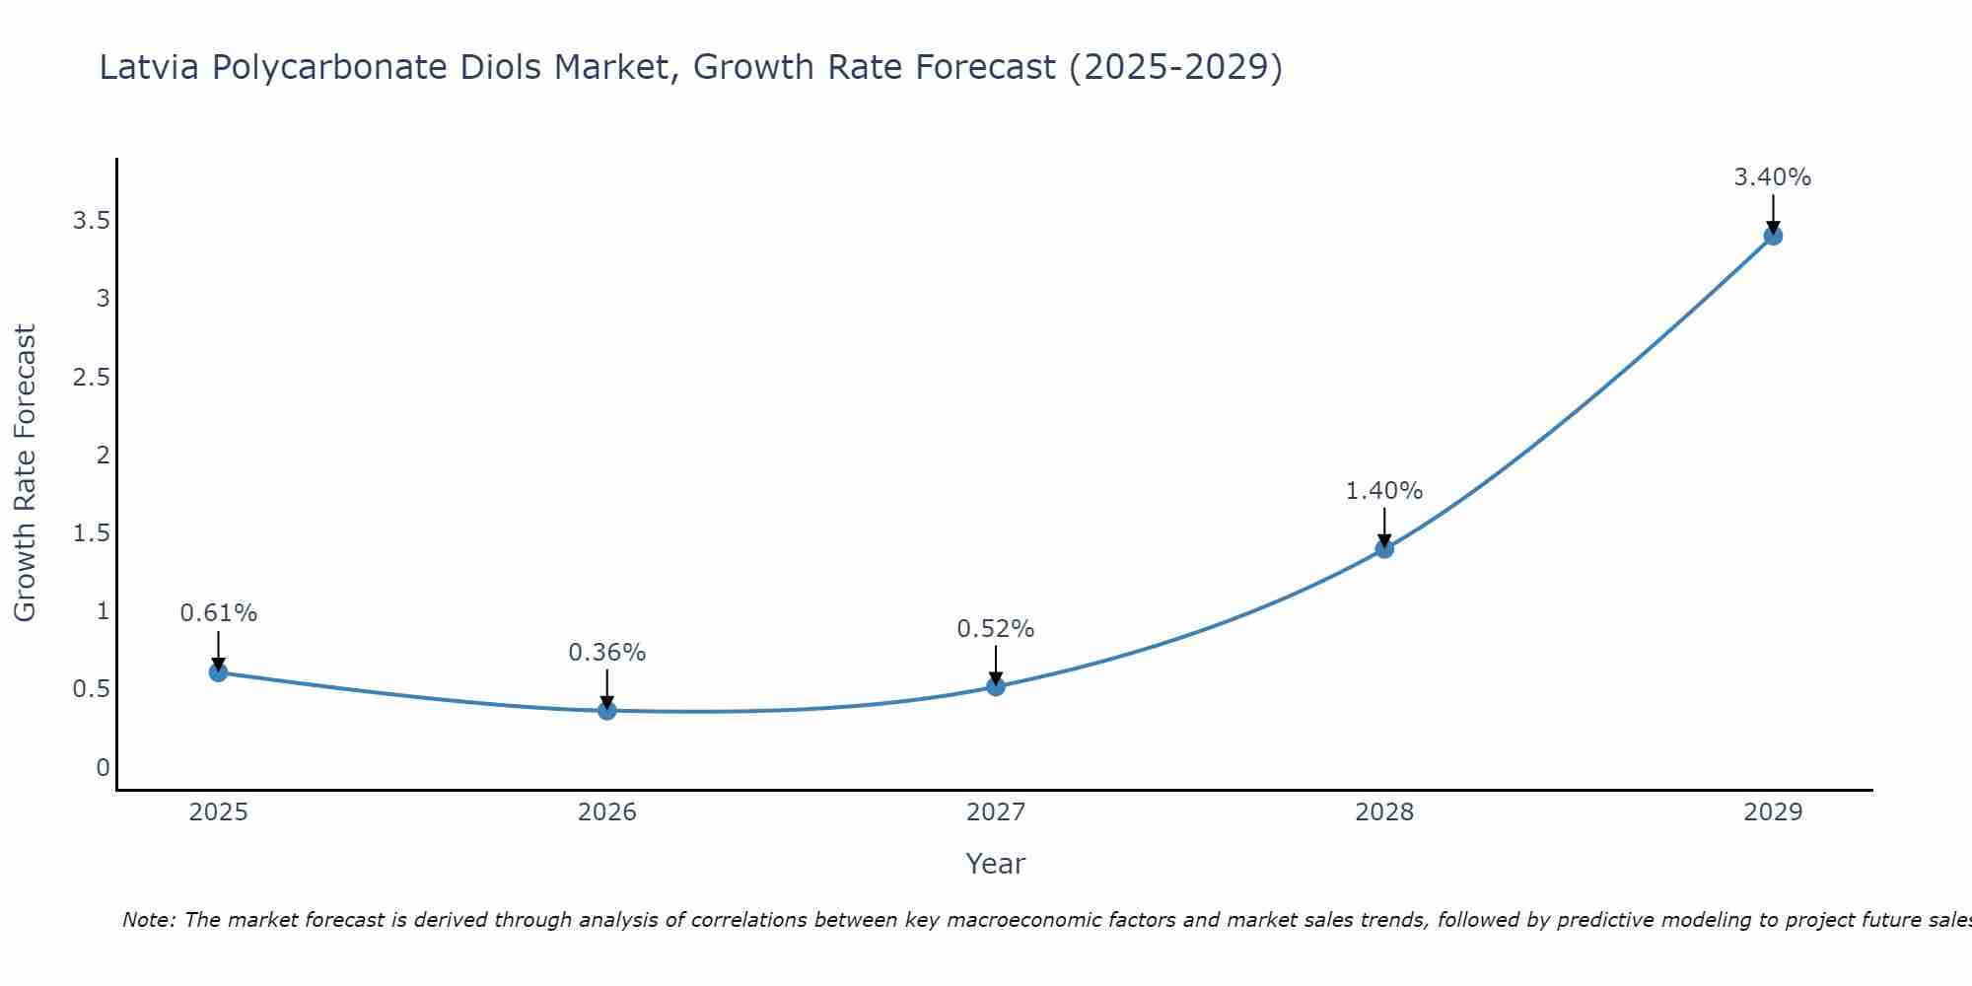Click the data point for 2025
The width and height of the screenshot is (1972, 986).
(x=218, y=672)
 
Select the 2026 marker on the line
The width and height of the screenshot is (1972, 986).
(x=607, y=710)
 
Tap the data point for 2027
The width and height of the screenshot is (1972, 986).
(x=996, y=686)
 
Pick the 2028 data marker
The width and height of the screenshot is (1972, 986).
(x=1384, y=548)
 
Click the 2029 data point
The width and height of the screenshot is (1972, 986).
(x=1773, y=236)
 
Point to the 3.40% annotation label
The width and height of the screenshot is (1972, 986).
(x=1772, y=177)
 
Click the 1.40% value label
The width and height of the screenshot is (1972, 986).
(x=1383, y=490)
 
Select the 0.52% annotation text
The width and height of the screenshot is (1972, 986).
(x=995, y=628)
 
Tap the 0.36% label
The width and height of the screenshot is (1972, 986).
(x=606, y=652)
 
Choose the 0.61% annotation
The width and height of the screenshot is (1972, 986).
(x=218, y=612)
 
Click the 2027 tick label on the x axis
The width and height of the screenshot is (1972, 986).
(x=995, y=812)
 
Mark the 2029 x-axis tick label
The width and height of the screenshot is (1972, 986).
(x=1772, y=812)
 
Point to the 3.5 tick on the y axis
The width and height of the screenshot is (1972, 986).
(x=91, y=221)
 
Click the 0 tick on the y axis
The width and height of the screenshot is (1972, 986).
(x=103, y=767)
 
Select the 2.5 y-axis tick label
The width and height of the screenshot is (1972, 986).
(x=91, y=377)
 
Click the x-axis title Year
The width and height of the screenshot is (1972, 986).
(x=995, y=864)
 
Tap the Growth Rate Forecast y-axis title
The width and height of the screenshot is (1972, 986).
(x=25, y=473)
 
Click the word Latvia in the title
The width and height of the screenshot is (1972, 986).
(x=149, y=67)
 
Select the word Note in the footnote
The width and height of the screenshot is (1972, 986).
(x=148, y=920)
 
